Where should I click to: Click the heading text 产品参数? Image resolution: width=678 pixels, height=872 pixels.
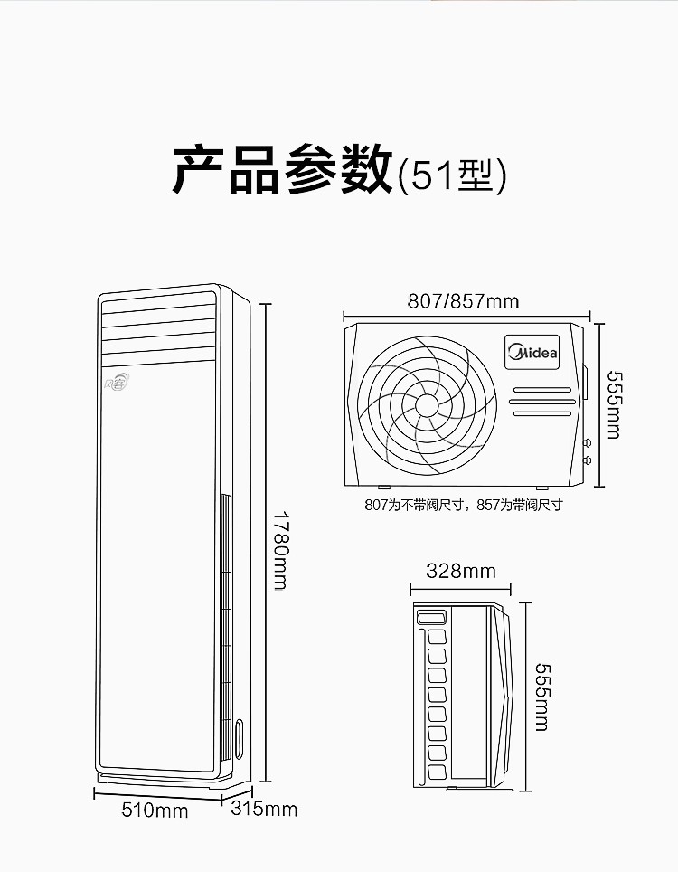click(283, 169)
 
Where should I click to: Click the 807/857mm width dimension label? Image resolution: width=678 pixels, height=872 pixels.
click(464, 301)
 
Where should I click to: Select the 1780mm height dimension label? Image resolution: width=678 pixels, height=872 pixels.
click(281, 550)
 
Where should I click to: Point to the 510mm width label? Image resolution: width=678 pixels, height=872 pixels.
click(155, 810)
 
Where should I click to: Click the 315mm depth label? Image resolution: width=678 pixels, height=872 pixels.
click(264, 809)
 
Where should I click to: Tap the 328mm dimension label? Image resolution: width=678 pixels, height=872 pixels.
click(461, 571)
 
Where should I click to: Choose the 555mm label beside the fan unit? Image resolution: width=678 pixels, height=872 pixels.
click(613, 405)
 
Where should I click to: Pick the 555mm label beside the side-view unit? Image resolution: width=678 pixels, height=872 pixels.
click(541, 697)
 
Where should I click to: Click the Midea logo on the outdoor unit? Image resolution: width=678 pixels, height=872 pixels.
click(532, 352)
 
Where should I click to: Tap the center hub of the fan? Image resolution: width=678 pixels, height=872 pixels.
click(427, 405)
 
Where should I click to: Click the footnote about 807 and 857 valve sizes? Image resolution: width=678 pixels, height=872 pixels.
click(464, 505)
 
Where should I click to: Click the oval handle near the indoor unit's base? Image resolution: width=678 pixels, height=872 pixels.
click(239, 739)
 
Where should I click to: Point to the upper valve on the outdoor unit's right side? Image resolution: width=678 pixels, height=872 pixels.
click(587, 443)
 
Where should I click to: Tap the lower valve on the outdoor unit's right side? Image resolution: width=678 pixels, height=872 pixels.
click(587, 460)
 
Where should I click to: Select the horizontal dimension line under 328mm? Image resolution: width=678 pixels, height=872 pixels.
click(460, 589)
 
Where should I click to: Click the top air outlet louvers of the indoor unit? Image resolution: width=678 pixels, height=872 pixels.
click(158, 329)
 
